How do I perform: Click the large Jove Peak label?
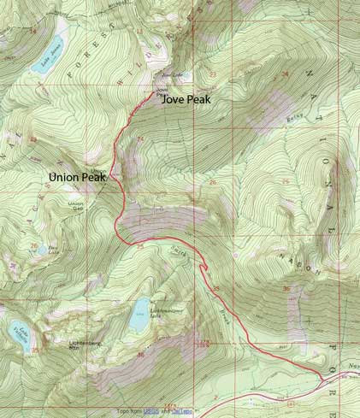[186, 98]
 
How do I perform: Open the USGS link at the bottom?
[150, 411]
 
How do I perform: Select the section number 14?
[34, 30]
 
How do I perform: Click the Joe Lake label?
[166, 74]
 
